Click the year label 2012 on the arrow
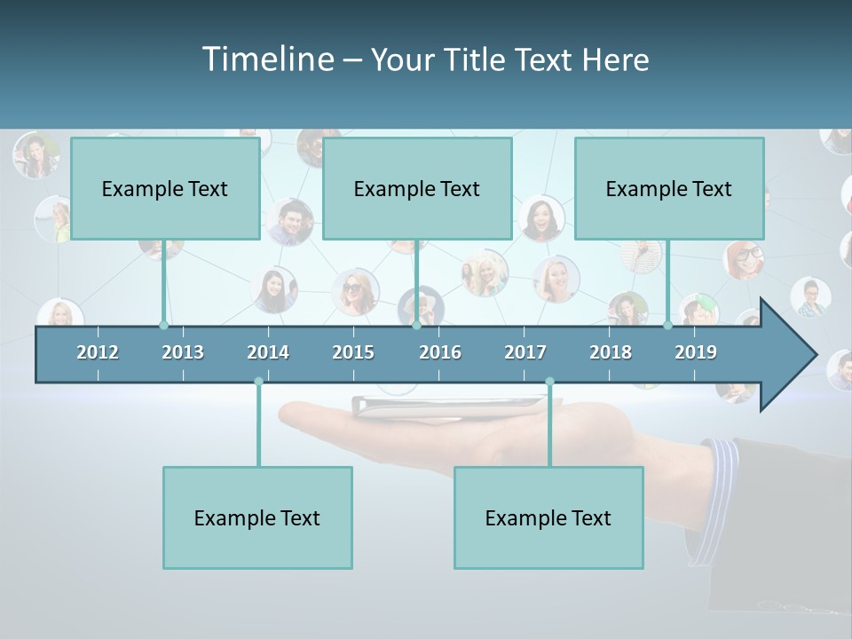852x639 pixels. (x=98, y=352)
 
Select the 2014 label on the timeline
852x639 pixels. (x=268, y=352)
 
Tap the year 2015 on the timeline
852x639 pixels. (x=353, y=352)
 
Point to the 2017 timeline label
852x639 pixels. (x=525, y=352)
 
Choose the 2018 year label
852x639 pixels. (x=611, y=352)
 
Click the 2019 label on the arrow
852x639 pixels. (x=696, y=352)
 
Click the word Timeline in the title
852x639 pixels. (x=267, y=59)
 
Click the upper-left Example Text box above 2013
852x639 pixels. (x=165, y=189)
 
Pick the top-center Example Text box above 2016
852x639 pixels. (x=417, y=189)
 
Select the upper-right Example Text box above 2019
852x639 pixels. (x=669, y=189)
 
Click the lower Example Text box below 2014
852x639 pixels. (x=257, y=518)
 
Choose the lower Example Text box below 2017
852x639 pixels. (x=548, y=518)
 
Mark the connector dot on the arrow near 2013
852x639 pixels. (x=163, y=325)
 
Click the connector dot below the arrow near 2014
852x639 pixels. (x=258, y=382)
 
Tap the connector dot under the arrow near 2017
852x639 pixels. (x=549, y=382)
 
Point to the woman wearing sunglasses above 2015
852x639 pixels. (x=355, y=290)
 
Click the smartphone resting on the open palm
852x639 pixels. (x=453, y=406)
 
